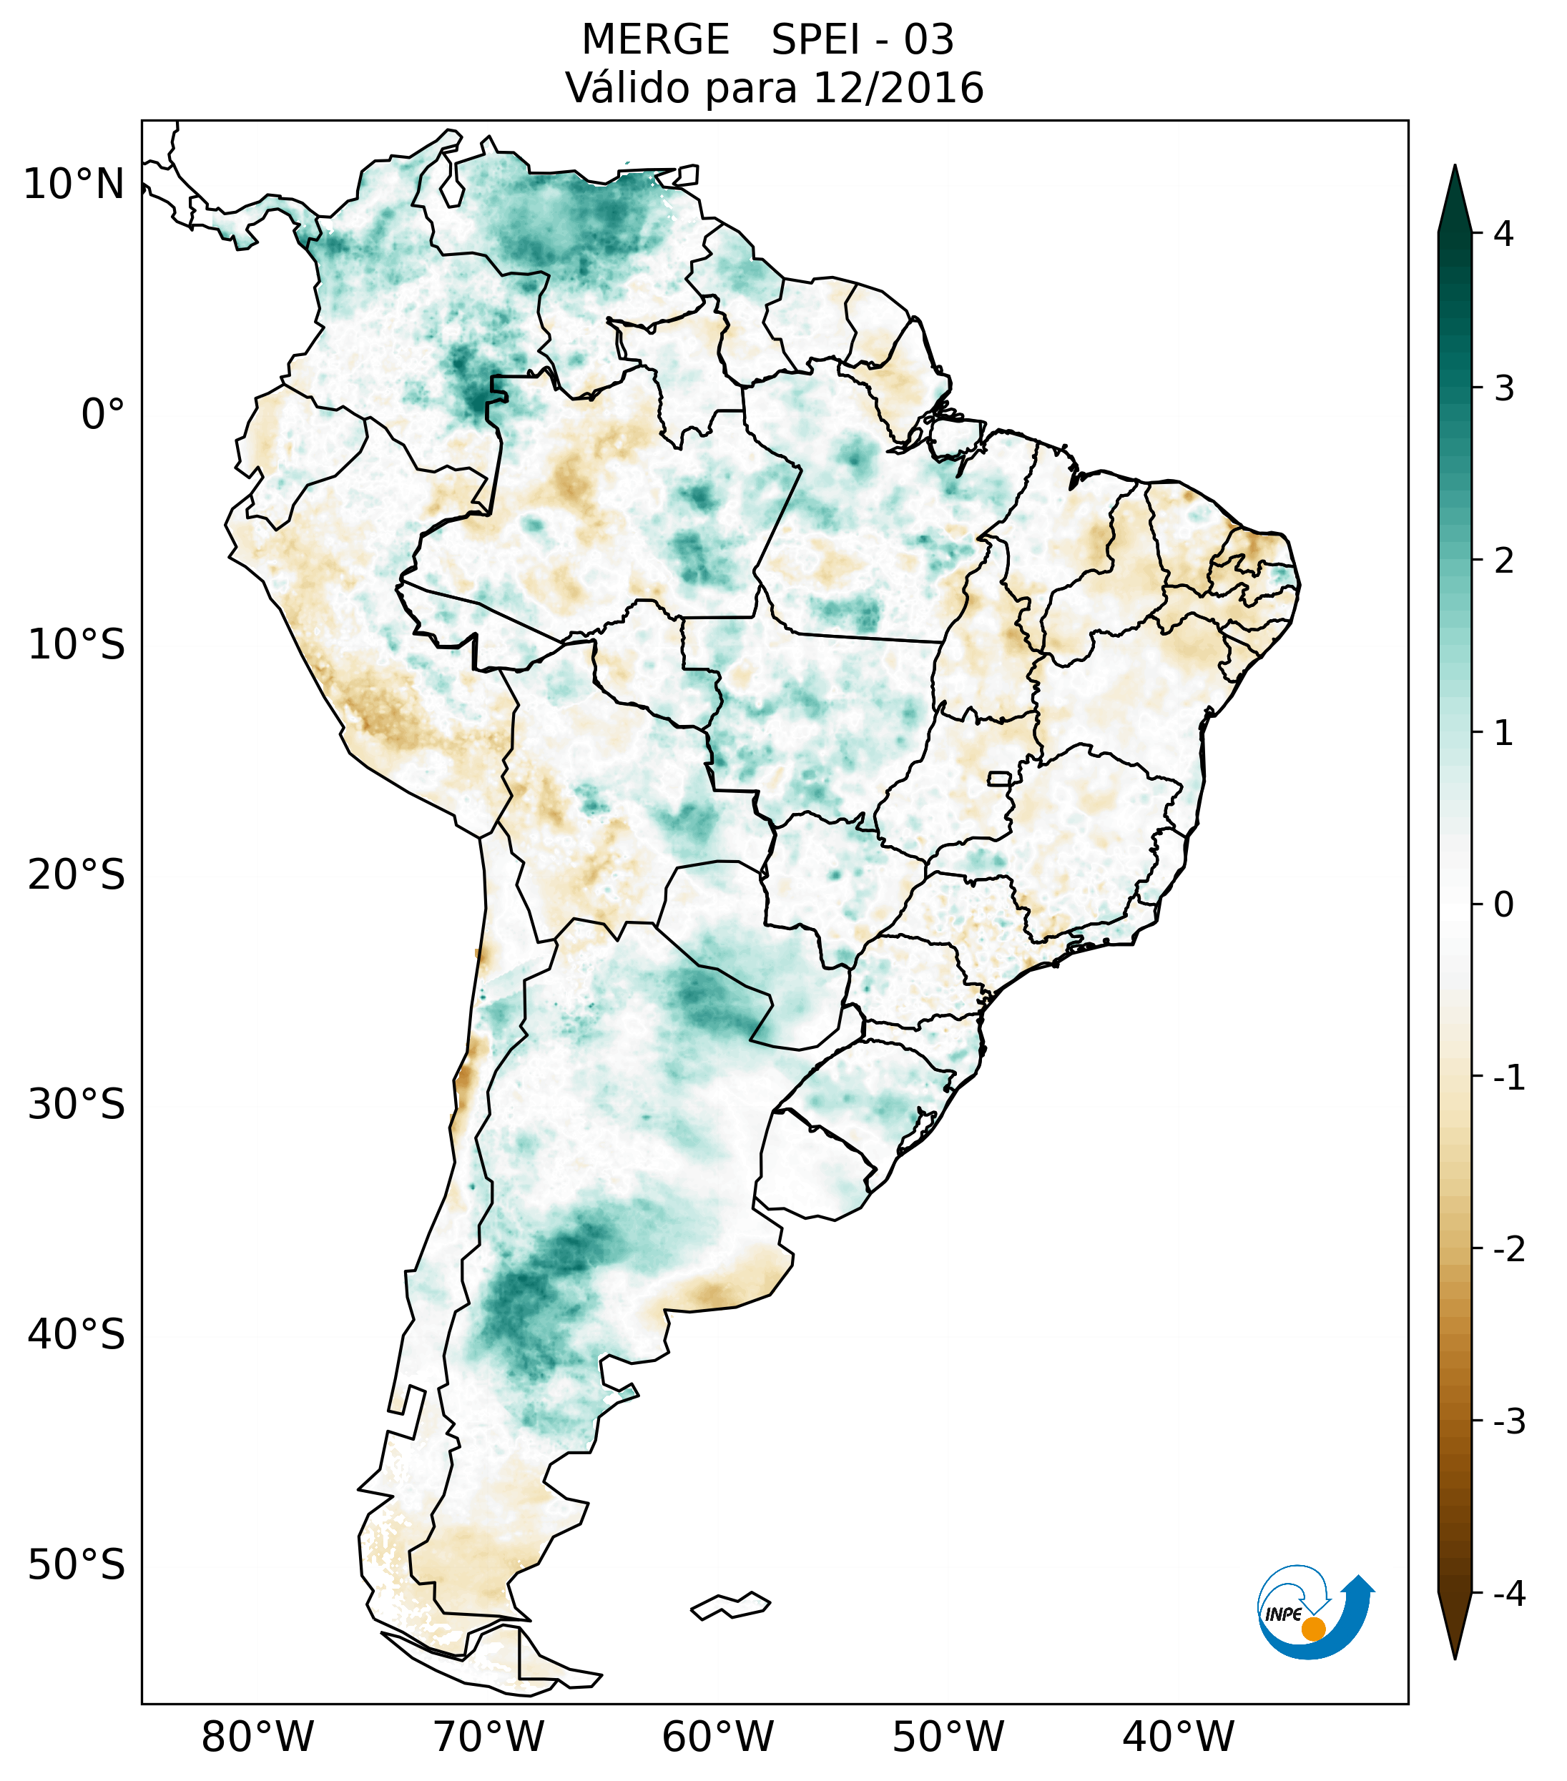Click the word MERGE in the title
pos(654,40)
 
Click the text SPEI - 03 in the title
pos(862,40)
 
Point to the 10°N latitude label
pos(74,184)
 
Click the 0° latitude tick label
pos(103,414)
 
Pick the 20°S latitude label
pos(77,875)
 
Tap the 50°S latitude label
pos(77,1566)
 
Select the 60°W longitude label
pos(717,1737)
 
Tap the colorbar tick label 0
pos(1503,905)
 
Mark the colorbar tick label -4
pos(1508,1595)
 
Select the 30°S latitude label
pos(77,1105)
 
